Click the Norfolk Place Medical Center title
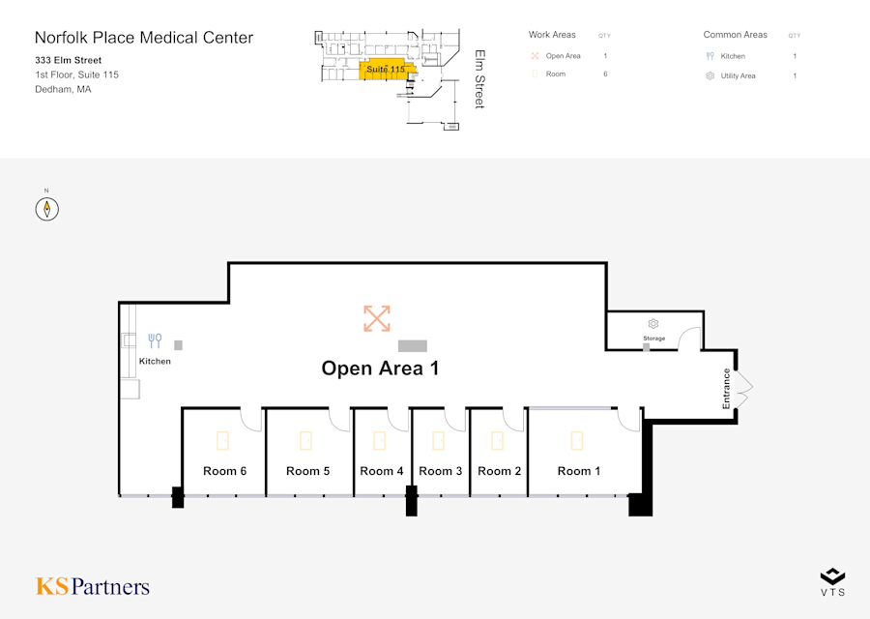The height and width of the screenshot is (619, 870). [144, 38]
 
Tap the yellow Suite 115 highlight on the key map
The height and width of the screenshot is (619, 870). [386, 70]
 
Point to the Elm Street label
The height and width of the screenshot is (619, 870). [479, 79]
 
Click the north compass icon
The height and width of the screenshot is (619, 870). [47, 208]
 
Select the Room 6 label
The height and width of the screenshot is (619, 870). [224, 471]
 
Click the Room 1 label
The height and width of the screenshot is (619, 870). [579, 471]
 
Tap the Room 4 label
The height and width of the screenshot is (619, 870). [382, 471]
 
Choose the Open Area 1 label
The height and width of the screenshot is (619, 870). [380, 368]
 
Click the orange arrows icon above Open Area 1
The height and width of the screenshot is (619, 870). [377, 318]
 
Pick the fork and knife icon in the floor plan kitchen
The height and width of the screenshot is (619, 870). [155, 340]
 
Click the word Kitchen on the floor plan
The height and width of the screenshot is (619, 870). [155, 362]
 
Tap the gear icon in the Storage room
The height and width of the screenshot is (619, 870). [653, 324]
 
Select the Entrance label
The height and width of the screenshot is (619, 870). [727, 388]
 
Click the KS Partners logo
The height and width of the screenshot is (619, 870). [93, 586]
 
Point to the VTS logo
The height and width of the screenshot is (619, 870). [832, 581]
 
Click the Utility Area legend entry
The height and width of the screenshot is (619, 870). [738, 75]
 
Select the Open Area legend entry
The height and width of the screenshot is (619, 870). [563, 56]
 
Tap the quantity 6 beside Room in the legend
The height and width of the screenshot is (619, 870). [605, 74]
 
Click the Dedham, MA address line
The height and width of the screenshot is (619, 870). [63, 89]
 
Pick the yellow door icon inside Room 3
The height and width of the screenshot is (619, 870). [438, 441]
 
